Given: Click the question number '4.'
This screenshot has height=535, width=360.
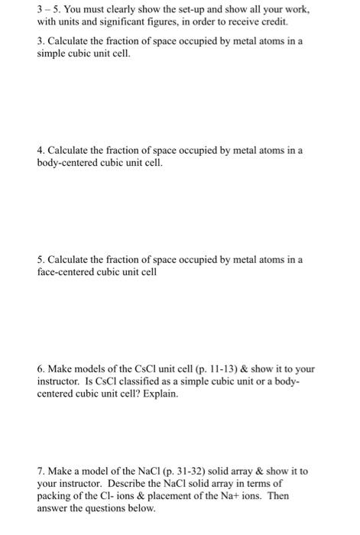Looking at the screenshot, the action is (x=41, y=151).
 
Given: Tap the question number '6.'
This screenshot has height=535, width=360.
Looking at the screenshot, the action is (x=41, y=369).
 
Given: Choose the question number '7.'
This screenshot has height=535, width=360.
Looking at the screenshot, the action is (x=41, y=471).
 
